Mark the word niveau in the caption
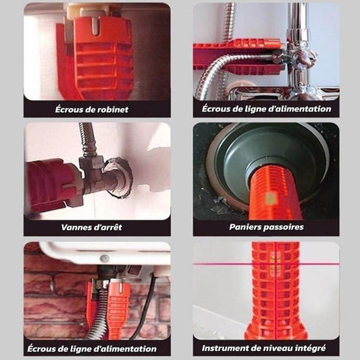point(278,349)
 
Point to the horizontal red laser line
point(216,263)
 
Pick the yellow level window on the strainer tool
point(268,198)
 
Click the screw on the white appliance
point(104,257)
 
